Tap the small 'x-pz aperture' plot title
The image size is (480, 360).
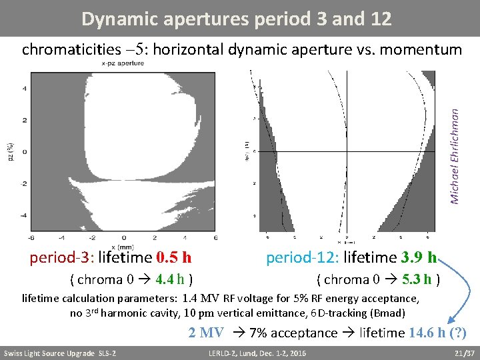point(122,63)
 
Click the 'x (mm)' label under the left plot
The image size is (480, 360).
point(124,247)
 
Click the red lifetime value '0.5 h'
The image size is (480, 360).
point(174,257)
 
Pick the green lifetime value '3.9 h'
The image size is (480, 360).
point(419,257)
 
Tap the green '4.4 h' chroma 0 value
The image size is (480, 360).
point(170,279)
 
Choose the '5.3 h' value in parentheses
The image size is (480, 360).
point(417,279)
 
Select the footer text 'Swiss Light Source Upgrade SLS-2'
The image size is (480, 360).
point(60,353)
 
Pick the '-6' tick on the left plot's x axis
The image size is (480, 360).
point(31,237)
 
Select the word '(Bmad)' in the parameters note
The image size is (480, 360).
point(391,313)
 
